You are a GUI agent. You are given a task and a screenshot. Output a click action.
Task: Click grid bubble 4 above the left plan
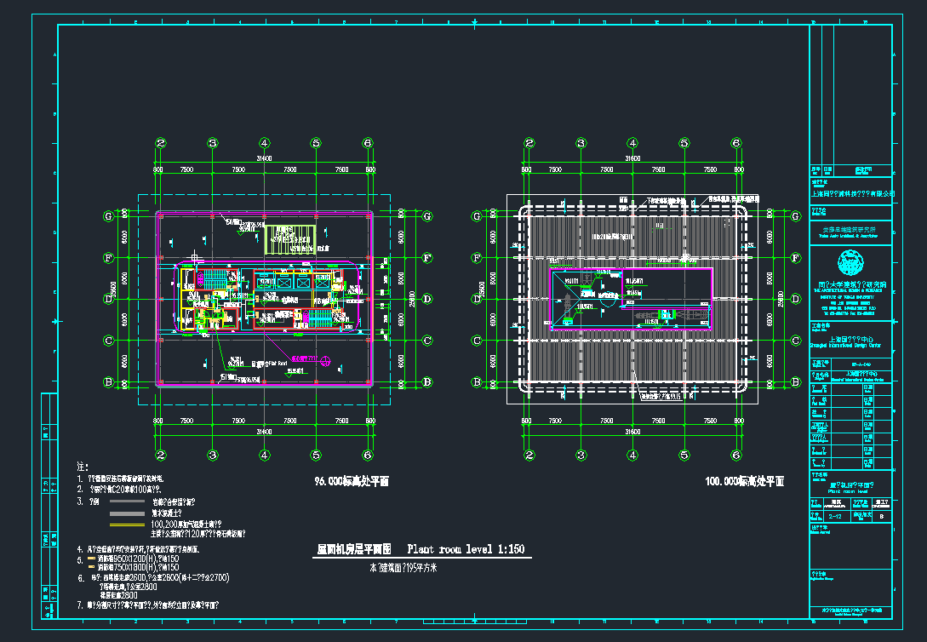point(265,143)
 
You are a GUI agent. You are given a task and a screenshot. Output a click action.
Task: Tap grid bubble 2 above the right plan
point(529,143)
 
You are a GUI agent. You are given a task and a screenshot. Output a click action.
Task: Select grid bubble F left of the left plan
point(108,257)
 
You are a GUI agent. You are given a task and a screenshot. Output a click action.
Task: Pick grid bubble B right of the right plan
point(796,381)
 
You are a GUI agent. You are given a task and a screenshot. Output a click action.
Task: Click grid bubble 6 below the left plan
point(368,455)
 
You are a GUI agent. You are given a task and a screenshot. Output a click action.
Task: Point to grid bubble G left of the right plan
point(478,216)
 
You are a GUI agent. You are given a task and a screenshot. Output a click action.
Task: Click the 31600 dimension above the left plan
point(264,158)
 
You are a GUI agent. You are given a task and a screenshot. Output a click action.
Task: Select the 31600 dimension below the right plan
point(632,433)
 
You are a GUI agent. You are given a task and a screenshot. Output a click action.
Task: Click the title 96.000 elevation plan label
point(352,481)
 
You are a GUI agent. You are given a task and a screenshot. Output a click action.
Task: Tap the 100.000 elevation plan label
point(744,481)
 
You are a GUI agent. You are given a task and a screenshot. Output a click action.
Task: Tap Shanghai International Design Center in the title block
point(851,345)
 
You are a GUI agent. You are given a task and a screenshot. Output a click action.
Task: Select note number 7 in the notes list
point(79,605)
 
